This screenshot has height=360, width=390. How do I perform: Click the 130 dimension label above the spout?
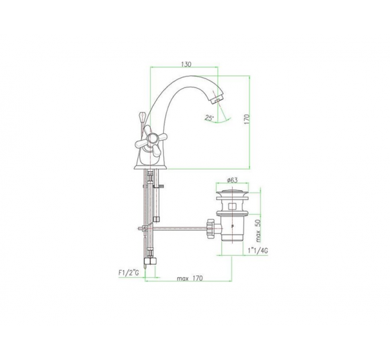click(186, 64)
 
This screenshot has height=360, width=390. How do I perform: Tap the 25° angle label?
click(209, 118)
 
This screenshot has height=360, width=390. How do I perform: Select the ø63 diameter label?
click(232, 180)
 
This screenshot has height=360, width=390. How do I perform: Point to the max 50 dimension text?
click(258, 231)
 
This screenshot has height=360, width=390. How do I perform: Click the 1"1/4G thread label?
click(258, 251)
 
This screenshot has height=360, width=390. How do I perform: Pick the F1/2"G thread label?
click(129, 273)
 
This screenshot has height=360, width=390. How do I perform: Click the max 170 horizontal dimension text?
click(190, 278)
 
